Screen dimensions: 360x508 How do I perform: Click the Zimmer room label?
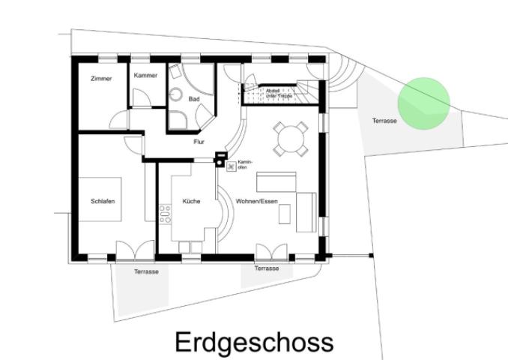coord(101,79)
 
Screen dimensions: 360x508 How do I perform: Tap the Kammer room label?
coord(145,76)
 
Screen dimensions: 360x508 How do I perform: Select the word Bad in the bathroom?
coord(193,98)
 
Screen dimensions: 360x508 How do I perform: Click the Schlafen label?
coord(103,201)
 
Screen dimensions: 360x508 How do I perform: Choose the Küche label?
coord(190,201)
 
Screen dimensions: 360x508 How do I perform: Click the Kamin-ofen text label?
coord(245,165)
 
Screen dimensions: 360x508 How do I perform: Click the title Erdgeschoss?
coord(253,342)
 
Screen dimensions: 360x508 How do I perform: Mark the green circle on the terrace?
coord(423,103)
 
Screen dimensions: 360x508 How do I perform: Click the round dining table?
coord(290,137)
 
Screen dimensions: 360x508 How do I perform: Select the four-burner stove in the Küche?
coord(165,213)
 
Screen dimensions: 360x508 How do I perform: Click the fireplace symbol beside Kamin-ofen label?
coord(231,166)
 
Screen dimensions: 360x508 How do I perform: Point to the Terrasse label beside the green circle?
coord(384,121)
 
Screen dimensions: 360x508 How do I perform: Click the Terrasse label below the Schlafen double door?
coord(146,271)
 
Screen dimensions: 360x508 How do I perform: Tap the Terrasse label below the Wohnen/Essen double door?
coord(266,268)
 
